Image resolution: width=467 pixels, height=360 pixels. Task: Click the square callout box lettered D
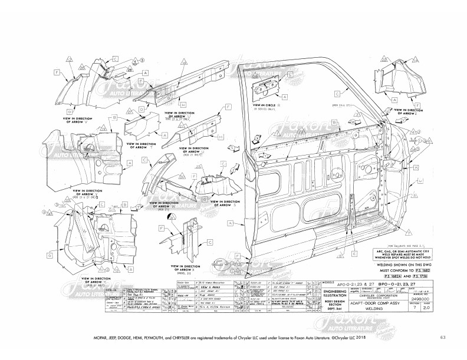click(x=69, y=111)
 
